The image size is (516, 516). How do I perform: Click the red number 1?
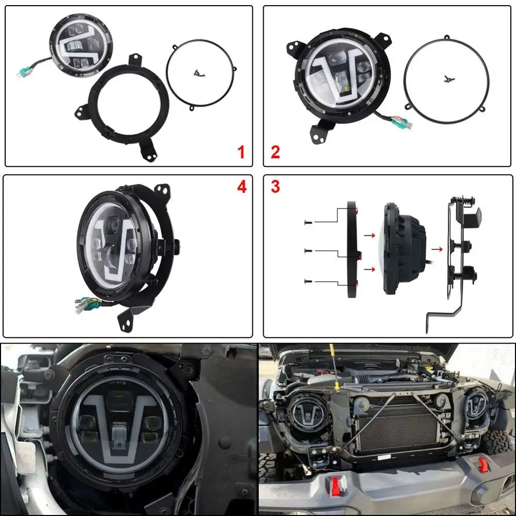pyautogui.click(x=241, y=152)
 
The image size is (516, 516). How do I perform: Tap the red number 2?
pyautogui.click(x=275, y=152)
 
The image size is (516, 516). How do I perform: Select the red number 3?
pyautogui.click(x=275, y=187)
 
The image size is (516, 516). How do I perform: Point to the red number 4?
pyautogui.click(x=242, y=187)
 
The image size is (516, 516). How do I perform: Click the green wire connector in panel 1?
pyautogui.click(x=23, y=71)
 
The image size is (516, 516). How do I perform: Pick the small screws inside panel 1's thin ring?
pyautogui.click(x=199, y=74)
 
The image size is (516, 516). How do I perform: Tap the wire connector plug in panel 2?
pyautogui.click(x=402, y=122)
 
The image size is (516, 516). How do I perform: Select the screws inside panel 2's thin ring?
pyautogui.click(x=448, y=79)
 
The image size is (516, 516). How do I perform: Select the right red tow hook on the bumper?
pyautogui.click(x=482, y=464)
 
